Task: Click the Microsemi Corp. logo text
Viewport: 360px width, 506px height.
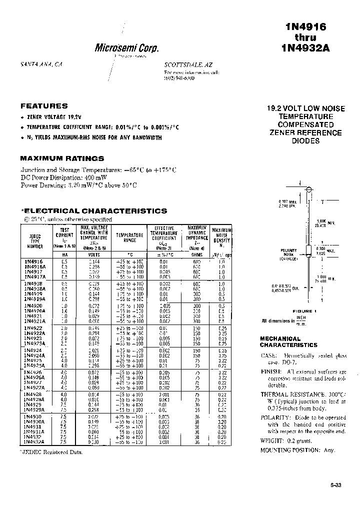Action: point(126,48)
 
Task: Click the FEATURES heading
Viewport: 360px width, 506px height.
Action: point(44,106)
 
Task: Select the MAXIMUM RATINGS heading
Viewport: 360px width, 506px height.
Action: point(62,158)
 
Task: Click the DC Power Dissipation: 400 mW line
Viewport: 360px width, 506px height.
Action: point(63,177)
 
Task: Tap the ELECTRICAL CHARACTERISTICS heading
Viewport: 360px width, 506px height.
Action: point(94,211)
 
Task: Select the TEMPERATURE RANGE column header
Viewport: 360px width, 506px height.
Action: point(129,237)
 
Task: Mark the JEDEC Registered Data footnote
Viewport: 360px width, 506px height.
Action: point(51,451)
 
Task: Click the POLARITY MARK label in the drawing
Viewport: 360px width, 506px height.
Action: point(288,253)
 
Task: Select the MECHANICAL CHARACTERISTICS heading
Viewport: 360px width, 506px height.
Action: point(288,342)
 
